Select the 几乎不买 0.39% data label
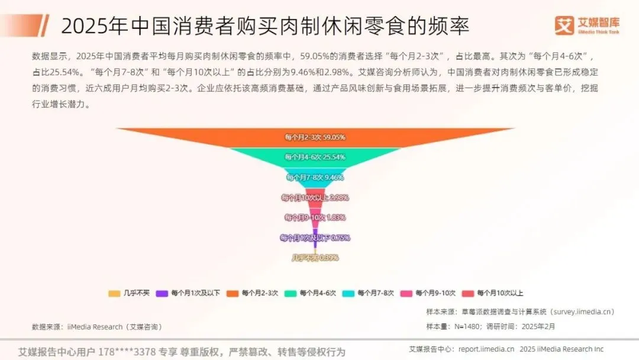coord(315,258)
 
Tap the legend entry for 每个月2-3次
coord(253,293)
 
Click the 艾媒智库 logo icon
coord(564,25)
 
